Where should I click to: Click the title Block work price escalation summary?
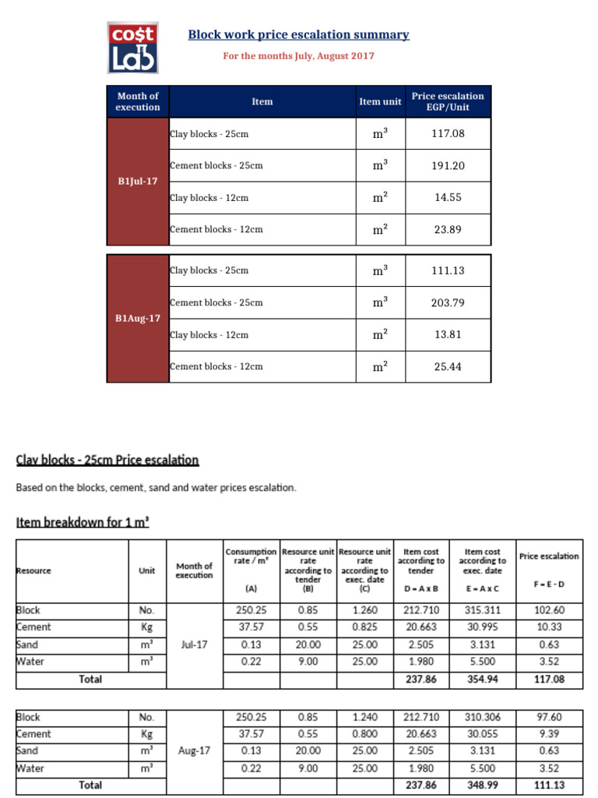[x=298, y=35]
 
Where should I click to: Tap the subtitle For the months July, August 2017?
[x=298, y=56]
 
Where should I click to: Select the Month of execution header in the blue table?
[x=138, y=101]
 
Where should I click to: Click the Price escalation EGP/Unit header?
[x=448, y=101]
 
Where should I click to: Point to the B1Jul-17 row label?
[x=138, y=182]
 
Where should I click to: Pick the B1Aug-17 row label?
[x=138, y=319]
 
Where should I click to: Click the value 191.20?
[x=448, y=166]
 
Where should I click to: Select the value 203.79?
[x=448, y=302]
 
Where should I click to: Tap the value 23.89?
[x=448, y=229]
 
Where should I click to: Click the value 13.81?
[x=448, y=334]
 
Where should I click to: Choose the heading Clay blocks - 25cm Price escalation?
[x=107, y=460]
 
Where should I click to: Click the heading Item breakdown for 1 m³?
[x=83, y=522]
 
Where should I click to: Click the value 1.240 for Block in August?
[x=364, y=717]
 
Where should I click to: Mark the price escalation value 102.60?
[x=549, y=611]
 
